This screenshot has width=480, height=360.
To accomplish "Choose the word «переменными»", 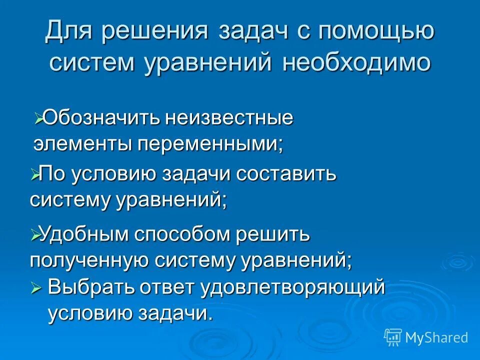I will [x=210, y=144].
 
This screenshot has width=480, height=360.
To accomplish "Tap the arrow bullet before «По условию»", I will [x=34, y=175].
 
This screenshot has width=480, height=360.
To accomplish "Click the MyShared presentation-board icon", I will [x=393, y=337].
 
